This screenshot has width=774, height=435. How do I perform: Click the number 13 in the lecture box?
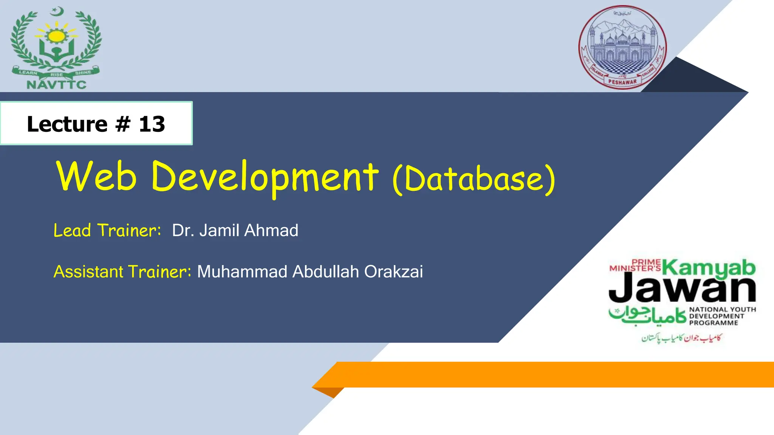152,124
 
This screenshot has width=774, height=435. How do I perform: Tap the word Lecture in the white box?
67,124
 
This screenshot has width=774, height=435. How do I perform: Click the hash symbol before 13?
123,124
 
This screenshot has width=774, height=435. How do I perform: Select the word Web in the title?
96,176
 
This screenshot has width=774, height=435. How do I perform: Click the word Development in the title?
265,176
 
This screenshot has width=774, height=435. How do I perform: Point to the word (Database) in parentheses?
474,179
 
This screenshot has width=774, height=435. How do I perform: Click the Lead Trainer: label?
107,230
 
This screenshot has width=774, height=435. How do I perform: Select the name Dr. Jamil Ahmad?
235,230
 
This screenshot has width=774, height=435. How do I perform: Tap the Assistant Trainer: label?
122,271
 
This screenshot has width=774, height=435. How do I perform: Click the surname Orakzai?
393,271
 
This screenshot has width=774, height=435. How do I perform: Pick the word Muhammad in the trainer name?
242,271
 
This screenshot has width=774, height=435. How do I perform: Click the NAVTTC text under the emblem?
57,85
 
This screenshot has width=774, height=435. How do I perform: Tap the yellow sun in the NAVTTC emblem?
57,36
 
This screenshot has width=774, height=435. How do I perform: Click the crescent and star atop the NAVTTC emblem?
57,12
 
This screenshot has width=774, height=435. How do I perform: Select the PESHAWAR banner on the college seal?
622,82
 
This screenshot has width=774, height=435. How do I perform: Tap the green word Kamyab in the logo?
709,267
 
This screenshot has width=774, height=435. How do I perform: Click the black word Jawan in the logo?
682,289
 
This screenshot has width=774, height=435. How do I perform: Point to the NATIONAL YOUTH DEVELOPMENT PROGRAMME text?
722,316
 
